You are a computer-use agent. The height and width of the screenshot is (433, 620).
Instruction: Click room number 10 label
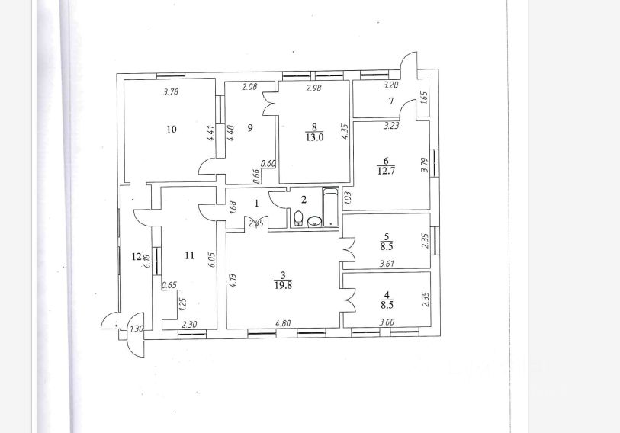pyautogui.click(x=172, y=130)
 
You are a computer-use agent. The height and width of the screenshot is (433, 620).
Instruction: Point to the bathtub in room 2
pyautogui.click(x=331, y=207)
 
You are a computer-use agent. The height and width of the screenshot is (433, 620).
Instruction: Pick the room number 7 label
pyautogui.click(x=390, y=101)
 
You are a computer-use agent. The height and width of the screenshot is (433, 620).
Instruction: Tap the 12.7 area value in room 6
pyautogui.click(x=386, y=171)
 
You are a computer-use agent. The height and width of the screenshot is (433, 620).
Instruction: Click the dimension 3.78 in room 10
pyautogui.click(x=172, y=93)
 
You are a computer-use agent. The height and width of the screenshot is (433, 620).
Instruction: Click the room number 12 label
pyautogui.click(x=137, y=257)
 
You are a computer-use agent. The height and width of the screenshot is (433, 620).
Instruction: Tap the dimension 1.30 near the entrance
pyautogui.click(x=136, y=329)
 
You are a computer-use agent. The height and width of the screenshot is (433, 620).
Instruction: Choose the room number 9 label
pyautogui.click(x=249, y=129)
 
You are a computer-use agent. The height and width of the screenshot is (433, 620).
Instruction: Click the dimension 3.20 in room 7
pyautogui.click(x=390, y=87)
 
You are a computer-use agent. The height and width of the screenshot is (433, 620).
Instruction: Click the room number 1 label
pyautogui.click(x=257, y=203)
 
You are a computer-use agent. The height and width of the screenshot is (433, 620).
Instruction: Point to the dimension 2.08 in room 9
pyautogui.click(x=249, y=88)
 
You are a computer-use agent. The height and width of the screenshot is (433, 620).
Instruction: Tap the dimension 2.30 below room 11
pyautogui.click(x=189, y=324)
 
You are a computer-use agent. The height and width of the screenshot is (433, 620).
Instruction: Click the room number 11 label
pyautogui.click(x=190, y=257)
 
